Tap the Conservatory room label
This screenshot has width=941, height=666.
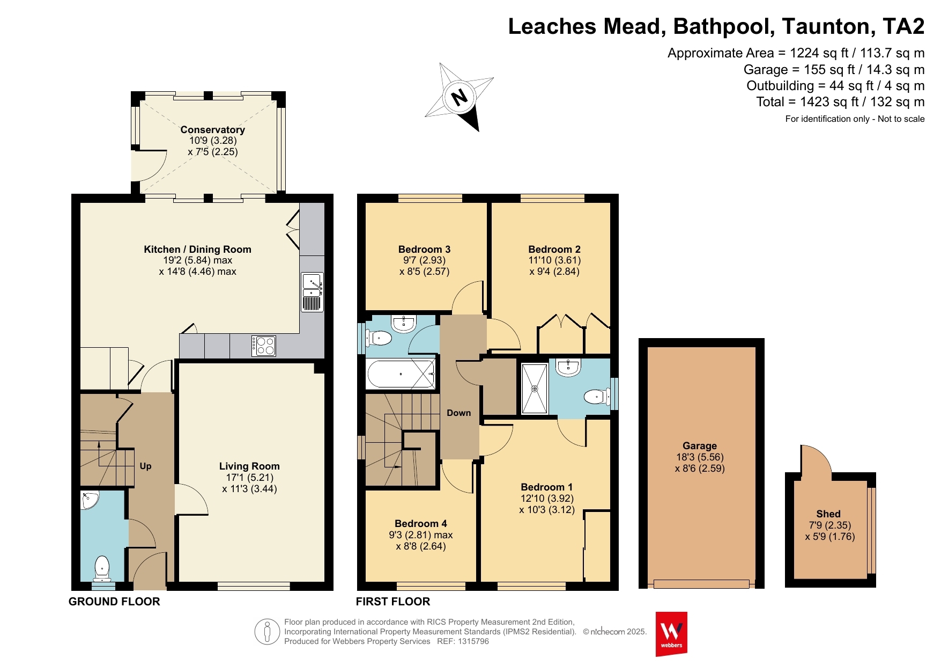point(213,129)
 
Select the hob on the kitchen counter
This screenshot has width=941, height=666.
point(264,346)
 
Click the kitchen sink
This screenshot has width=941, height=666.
point(313,292)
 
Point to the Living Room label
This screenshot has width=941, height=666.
point(249,466)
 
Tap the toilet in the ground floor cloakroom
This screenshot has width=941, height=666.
point(102,569)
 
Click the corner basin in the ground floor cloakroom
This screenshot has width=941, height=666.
point(89,500)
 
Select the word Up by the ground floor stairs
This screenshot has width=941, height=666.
point(145,466)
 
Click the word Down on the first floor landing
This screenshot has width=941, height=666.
point(459,413)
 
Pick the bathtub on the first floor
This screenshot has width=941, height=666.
point(401,374)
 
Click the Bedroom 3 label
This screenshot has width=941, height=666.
point(424,249)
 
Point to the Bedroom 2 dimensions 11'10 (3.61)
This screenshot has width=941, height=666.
point(554,260)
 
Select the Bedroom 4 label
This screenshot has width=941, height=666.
point(421,523)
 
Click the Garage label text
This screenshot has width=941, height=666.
point(700,445)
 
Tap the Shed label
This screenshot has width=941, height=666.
point(828,514)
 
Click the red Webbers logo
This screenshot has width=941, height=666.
point(671,634)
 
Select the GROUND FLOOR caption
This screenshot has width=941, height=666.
point(114,602)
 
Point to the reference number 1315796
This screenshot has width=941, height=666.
point(473,641)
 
